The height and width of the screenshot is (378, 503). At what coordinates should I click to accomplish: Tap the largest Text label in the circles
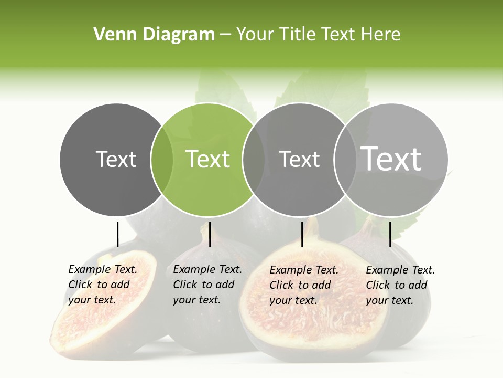pyautogui.click(x=391, y=159)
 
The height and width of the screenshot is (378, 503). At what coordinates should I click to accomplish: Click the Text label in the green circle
pyautogui.click(x=207, y=159)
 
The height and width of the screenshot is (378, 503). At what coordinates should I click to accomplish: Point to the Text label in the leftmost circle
pyautogui.click(x=116, y=159)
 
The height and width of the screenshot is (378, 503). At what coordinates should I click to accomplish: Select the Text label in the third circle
pyautogui.click(x=299, y=159)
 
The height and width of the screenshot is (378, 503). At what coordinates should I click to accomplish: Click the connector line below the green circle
pyautogui.click(x=210, y=234)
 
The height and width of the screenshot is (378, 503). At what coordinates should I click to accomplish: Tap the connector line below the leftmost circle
pyautogui.click(x=117, y=234)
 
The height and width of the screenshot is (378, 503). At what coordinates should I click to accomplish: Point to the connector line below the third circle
pyautogui.click(x=302, y=234)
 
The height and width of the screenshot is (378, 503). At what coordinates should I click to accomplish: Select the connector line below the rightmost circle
pyautogui.click(x=390, y=234)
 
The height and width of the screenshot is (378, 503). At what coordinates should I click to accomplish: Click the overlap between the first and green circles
pyautogui.click(x=162, y=160)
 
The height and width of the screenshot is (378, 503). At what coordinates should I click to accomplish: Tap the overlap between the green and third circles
pyautogui.click(x=253, y=160)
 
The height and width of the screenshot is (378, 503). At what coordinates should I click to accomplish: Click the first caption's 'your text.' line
pyautogui.click(x=92, y=300)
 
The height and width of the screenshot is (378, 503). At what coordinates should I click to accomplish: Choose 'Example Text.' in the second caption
pyautogui.click(x=207, y=269)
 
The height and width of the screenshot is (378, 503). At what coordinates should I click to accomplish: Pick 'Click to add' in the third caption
pyautogui.click(x=300, y=285)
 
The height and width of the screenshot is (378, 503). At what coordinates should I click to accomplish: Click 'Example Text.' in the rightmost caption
pyautogui.click(x=400, y=270)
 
